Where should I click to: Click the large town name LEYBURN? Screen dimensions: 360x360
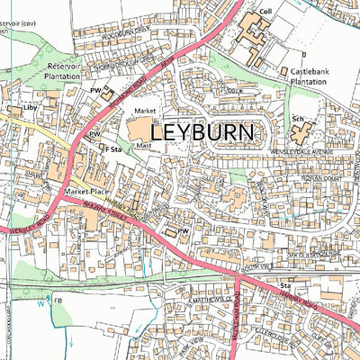pyautogui.click(x=202, y=131)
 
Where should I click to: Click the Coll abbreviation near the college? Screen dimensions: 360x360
pyautogui.click(x=265, y=13)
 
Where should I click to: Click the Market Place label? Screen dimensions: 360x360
pyautogui.click(x=85, y=193)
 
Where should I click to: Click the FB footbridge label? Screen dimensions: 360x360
pyautogui.click(x=58, y=300)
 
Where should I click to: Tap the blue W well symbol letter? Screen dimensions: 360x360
pyautogui.click(x=40, y=302)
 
